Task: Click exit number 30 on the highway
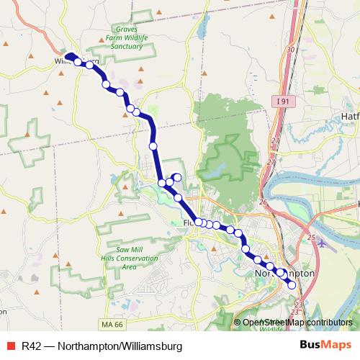click(x=290, y=50)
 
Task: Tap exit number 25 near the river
click(x=311, y=237)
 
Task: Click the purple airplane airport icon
click(x=321, y=242)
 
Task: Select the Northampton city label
click(x=285, y=274)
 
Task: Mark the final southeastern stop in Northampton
click(x=292, y=285)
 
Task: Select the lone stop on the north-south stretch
click(x=153, y=146)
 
